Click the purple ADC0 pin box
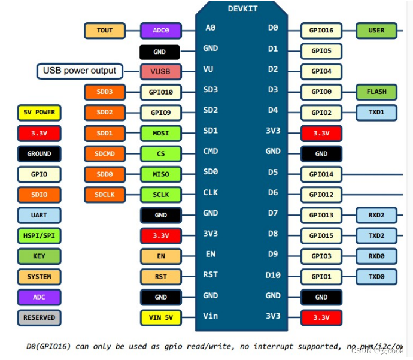point(160,31)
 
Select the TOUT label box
point(105,31)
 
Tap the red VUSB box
point(160,72)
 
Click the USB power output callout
point(80,71)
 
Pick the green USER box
point(376,31)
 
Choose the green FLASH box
point(376,92)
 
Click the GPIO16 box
point(321,31)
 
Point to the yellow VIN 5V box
point(160,317)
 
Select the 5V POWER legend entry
point(39,113)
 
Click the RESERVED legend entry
point(39,317)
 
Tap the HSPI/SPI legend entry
point(39,235)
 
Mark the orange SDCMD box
point(105,153)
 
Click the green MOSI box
point(160,133)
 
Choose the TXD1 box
point(376,113)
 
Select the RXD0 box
point(376,256)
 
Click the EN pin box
point(160,256)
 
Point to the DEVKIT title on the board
point(244,8)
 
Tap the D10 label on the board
point(272,276)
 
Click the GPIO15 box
point(321,235)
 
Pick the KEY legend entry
point(39,256)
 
